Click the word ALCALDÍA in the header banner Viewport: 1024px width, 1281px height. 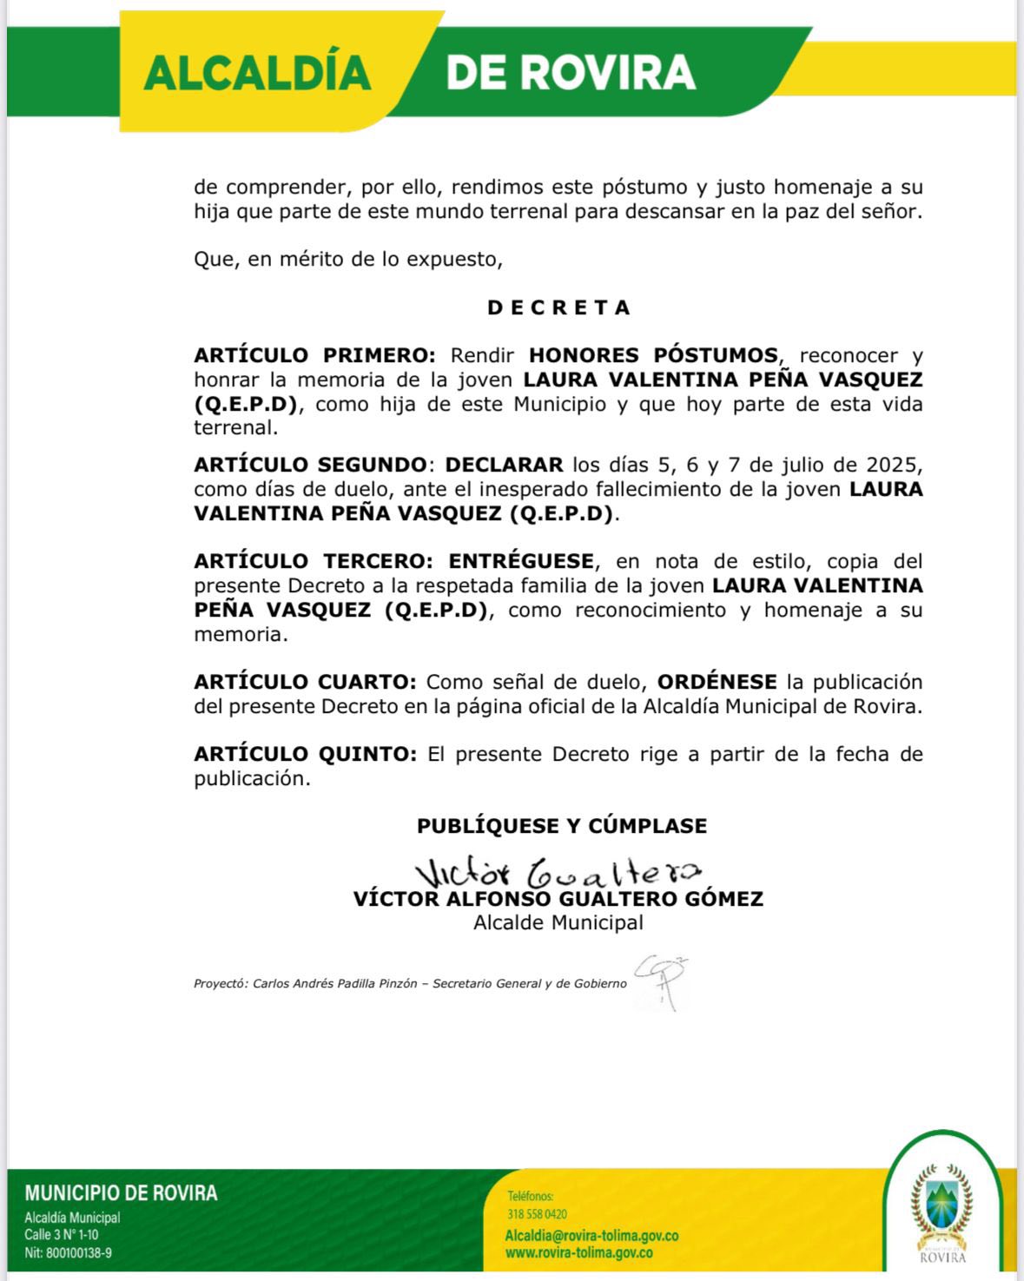pyautogui.click(x=257, y=73)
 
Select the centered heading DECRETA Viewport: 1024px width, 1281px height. pyautogui.click(x=558, y=307)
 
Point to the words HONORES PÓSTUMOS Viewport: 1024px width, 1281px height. pyautogui.click(x=653, y=355)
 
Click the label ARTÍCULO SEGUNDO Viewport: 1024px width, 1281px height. pyautogui.click(x=310, y=465)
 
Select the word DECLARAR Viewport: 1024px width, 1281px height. pyautogui.click(x=504, y=465)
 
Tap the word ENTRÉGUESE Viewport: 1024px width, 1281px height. pyautogui.click(x=521, y=561)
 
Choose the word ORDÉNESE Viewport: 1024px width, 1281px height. pyautogui.click(x=717, y=682)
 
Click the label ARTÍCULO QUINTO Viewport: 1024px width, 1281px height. pyautogui.click(x=305, y=754)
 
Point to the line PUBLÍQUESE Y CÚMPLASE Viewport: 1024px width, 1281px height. pyautogui.click(x=561, y=826)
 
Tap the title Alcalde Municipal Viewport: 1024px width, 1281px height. pyautogui.click(x=558, y=922)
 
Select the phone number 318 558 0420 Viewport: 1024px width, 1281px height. pyautogui.click(x=537, y=1214)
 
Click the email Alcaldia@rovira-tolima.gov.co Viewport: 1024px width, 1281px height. pyautogui.click(x=591, y=1235)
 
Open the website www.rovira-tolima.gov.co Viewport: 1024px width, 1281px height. pyautogui.click(x=578, y=1253)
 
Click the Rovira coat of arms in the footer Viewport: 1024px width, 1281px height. pyautogui.click(x=941, y=1203)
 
